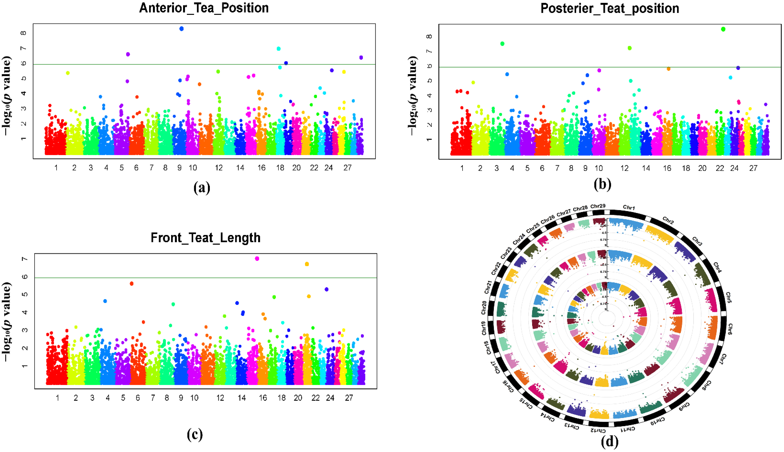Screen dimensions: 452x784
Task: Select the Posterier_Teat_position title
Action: point(610,8)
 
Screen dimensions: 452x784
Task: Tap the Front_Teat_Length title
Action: point(205,238)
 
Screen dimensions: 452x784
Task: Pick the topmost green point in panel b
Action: point(723,29)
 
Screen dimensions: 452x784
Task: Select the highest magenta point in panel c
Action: point(257,259)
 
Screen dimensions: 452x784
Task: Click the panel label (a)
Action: point(202,188)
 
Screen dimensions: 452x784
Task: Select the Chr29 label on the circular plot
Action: point(598,206)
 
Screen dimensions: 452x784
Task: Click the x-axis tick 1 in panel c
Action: point(57,398)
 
